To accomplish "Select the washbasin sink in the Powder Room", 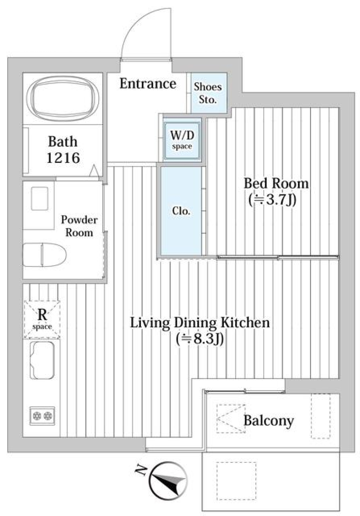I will point(39,199).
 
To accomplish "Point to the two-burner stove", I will point(42,416).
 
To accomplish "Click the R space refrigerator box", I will point(42,319).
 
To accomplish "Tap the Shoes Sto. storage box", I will point(208,93).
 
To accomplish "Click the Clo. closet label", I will point(181,211).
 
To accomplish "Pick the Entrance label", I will point(148,83).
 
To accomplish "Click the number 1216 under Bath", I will point(63,158).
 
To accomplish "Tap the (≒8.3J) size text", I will point(200,339).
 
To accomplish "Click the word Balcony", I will point(268,420).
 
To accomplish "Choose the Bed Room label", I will point(276,183).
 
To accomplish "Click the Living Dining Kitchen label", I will point(200,322).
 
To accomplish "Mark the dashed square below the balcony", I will point(236,480).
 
